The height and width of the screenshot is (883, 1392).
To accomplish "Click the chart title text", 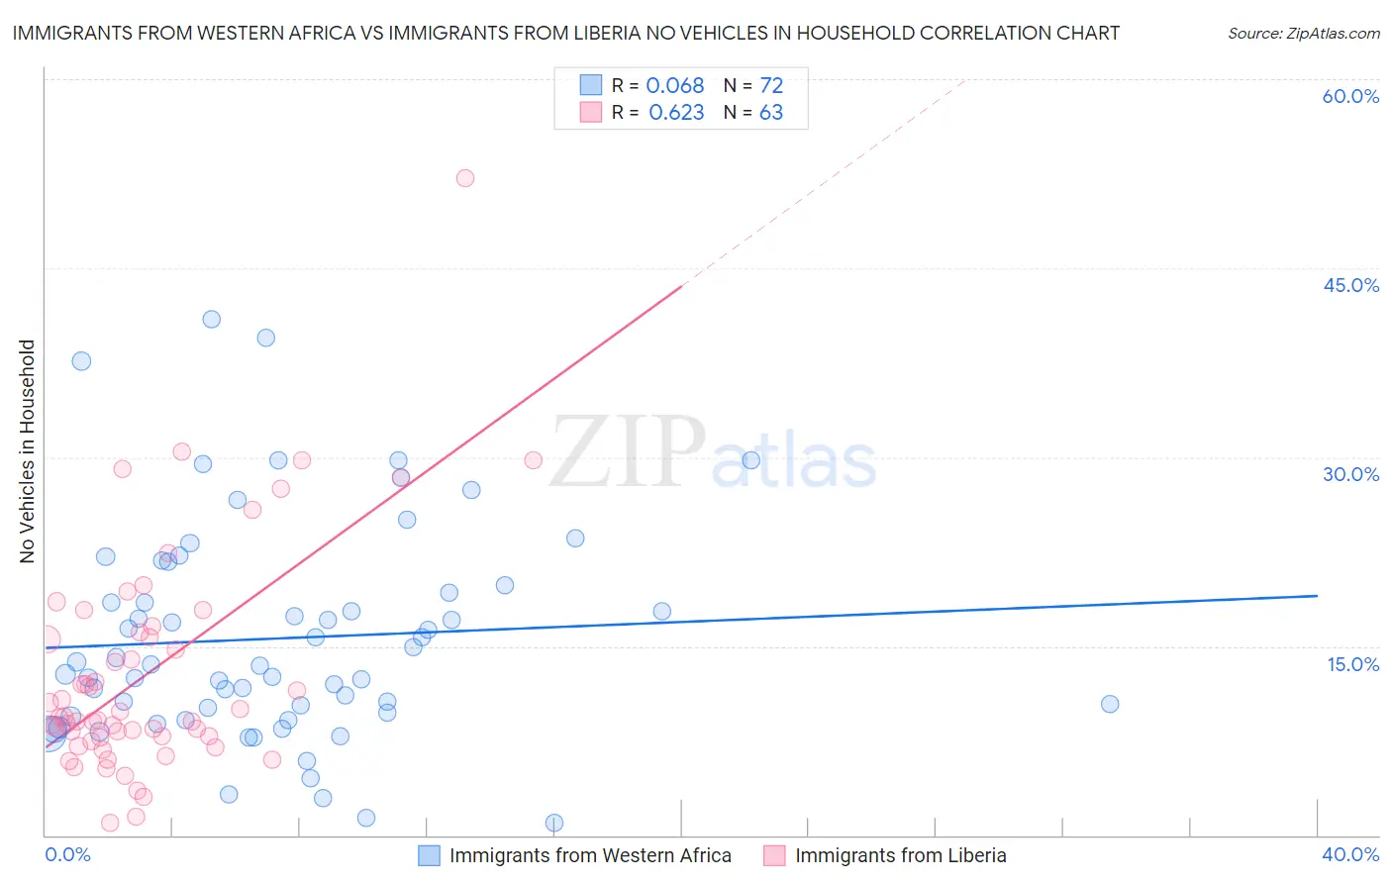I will point(565,33).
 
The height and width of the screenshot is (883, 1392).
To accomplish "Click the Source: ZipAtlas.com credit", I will point(1303,33).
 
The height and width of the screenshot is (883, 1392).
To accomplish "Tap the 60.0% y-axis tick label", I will point(1350,96).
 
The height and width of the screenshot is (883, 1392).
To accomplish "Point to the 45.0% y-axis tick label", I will point(1350,285).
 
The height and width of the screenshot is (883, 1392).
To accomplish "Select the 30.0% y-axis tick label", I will point(1350,474).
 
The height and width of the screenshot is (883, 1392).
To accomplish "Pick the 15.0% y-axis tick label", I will point(1352,664).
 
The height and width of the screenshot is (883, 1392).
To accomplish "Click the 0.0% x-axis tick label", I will point(67,854).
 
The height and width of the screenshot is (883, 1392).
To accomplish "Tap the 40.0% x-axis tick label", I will point(1349,854).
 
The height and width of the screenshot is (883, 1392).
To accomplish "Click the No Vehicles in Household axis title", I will point(28,451).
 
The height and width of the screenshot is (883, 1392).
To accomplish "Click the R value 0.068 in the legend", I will point(675,86).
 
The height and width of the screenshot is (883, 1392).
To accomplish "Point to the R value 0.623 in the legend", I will point(676,113).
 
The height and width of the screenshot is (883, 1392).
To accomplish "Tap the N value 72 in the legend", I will point(771,86).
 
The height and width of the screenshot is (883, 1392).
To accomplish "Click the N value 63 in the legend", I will point(771,113).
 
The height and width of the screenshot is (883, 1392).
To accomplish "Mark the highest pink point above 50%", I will point(465,178).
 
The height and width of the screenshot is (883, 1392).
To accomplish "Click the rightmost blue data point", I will point(1110,704).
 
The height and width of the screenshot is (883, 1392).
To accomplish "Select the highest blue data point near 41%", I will point(211,319).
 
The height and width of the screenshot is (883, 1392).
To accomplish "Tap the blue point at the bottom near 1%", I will point(554,823).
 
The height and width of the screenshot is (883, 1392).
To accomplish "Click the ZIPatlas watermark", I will point(713,453).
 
